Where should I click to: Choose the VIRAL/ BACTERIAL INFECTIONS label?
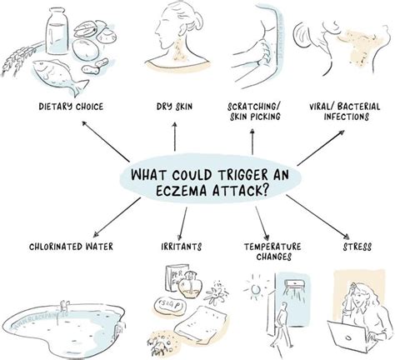point(344,111)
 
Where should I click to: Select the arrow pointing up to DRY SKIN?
point(175,137)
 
